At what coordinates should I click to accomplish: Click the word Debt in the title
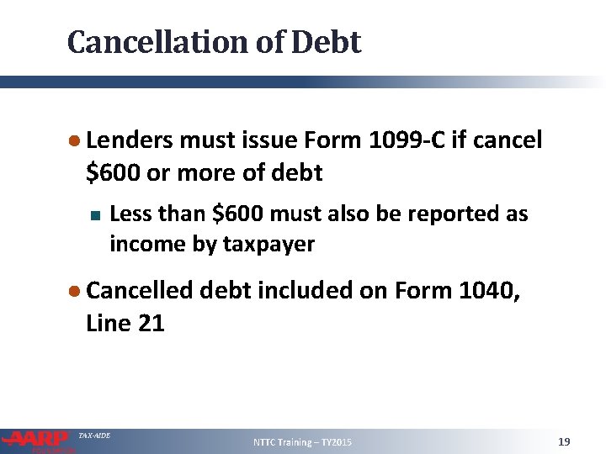[x=327, y=42]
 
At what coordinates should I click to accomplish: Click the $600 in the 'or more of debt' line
[x=114, y=172]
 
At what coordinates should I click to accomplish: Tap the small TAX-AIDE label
[x=93, y=435]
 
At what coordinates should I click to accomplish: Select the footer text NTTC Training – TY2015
[x=303, y=442]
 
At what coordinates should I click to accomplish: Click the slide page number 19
[x=564, y=441]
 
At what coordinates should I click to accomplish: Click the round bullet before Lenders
[x=76, y=140]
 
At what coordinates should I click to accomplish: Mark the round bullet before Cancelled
[x=76, y=291]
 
